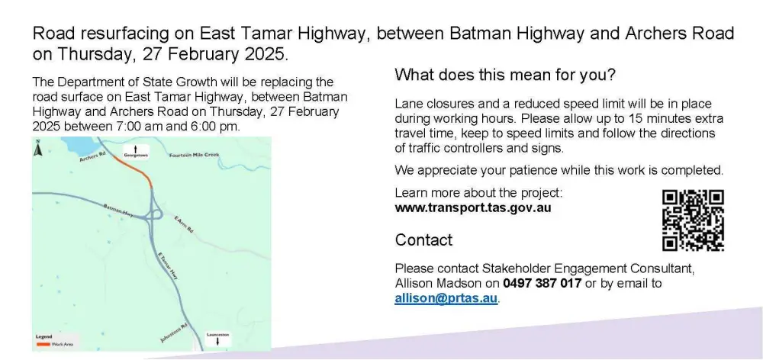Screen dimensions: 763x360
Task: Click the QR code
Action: click(693, 220)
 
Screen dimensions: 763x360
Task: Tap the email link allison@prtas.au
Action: click(446, 298)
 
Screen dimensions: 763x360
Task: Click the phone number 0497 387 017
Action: click(542, 283)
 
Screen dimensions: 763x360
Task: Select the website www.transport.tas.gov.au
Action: click(473, 207)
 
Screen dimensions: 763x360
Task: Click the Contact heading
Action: click(423, 239)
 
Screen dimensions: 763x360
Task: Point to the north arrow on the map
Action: click(38, 148)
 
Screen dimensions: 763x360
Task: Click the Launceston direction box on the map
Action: click(217, 339)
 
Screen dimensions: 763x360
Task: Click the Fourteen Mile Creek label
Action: click(194, 155)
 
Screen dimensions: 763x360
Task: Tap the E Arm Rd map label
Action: click(183, 224)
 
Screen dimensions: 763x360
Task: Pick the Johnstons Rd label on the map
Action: click(174, 333)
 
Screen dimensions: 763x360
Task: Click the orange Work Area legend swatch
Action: click(43, 344)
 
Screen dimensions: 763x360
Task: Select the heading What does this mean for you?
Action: click(505, 76)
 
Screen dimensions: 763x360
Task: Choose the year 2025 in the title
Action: click(264, 54)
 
